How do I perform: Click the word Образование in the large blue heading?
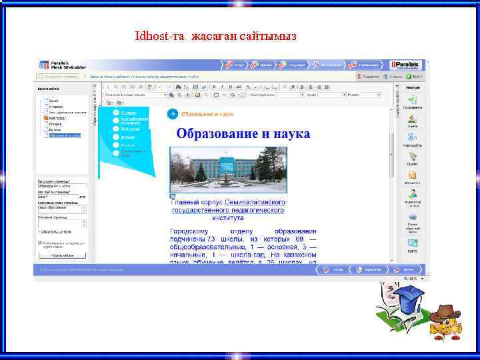click(217, 133)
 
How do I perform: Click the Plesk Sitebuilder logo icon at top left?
click(44, 65)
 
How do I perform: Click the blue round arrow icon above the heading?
click(172, 114)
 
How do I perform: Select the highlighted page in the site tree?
click(64, 135)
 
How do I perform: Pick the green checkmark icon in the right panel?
click(413, 99)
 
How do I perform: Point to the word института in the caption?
click(227, 217)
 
